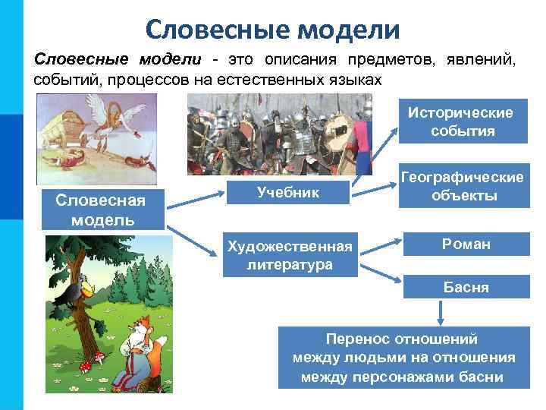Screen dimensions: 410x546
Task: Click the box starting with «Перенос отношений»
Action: [403, 358]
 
